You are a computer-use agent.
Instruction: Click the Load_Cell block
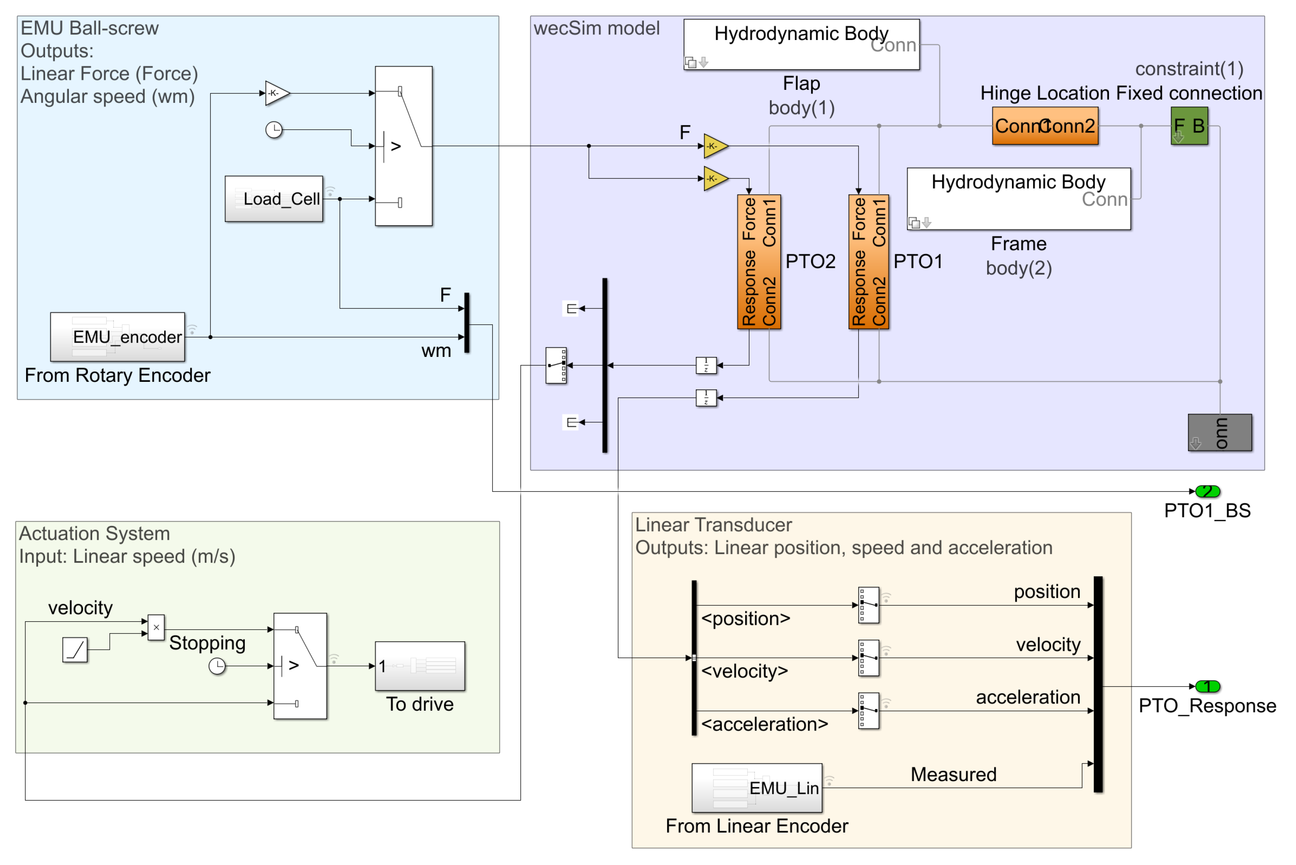[x=274, y=199]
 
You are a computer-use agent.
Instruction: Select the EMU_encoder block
[x=117, y=337]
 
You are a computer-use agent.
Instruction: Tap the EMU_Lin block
[x=757, y=788]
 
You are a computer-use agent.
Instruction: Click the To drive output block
[x=420, y=666]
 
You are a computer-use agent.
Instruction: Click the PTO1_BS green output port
[x=1207, y=491]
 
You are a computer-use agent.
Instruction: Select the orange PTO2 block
[x=759, y=262]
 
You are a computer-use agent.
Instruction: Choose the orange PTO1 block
[x=869, y=262]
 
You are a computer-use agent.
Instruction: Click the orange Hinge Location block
[x=1045, y=126]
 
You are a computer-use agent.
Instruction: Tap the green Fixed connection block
[x=1189, y=126]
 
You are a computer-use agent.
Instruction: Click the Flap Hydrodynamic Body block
[x=802, y=45]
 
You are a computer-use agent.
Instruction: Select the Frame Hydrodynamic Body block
[x=1019, y=199]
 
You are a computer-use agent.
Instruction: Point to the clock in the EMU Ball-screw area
[x=274, y=130]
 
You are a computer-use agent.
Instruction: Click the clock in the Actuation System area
[x=217, y=666]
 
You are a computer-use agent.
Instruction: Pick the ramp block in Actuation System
[x=75, y=649]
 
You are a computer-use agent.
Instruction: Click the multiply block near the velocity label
[x=157, y=628]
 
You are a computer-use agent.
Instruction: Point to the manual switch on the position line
[x=869, y=605]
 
